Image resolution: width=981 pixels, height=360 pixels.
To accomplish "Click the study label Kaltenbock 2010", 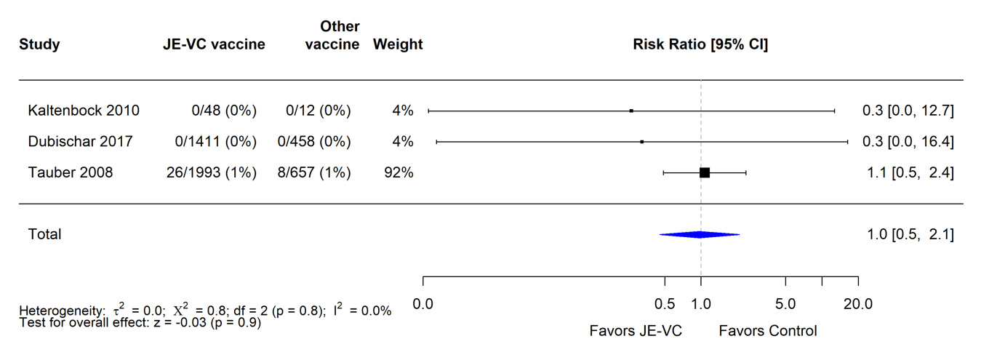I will point(84,111).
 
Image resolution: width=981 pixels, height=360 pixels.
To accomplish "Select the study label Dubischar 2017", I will point(81,142).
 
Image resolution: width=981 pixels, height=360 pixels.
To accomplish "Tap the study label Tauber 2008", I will point(71,172).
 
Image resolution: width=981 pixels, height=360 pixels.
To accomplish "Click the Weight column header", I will point(398,45).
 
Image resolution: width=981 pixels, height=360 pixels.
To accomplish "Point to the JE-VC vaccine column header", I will point(214,45).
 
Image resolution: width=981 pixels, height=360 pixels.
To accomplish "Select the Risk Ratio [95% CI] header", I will point(700,45).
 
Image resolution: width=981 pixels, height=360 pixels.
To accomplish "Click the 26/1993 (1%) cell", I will point(210,172).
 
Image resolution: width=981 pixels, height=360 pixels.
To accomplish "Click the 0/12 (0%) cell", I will point(318,111).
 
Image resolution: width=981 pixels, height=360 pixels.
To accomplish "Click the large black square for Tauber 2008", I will point(704,172).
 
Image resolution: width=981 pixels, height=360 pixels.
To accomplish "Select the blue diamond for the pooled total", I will point(699,234).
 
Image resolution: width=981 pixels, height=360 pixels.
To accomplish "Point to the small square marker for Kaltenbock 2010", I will point(631,111).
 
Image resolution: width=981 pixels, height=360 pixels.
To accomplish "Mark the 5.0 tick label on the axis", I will point(785,304).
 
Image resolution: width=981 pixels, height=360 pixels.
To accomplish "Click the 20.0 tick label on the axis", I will point(858,304).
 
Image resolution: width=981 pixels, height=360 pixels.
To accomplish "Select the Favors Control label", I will point(768,332).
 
